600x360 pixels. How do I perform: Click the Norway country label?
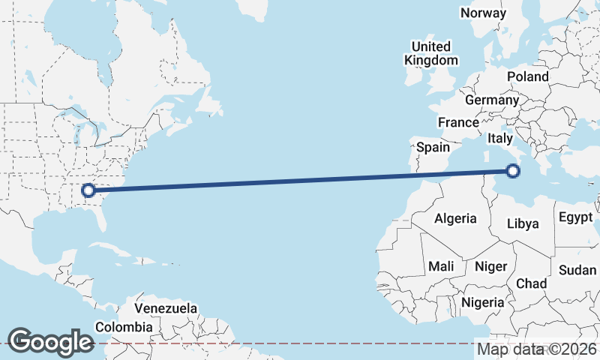point(484,13)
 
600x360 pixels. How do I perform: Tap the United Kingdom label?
point(430,53)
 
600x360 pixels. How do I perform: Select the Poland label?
point(528,76)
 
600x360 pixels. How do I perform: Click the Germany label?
point(492,100)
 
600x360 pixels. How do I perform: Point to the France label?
point(458,122)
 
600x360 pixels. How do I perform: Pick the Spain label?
point(433,147)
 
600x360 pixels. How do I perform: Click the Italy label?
point(500,139)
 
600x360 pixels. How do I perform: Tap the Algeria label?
point(455,218)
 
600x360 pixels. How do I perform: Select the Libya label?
point(523,223)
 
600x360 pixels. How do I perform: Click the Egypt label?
point(576,218)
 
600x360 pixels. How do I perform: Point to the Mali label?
point(441,266)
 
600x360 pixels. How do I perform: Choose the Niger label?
point(491,266)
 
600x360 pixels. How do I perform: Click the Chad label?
point(531,283)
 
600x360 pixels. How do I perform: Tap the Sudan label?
point(577,270)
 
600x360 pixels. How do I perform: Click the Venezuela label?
point(166,308)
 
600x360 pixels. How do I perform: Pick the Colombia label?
point(124,327)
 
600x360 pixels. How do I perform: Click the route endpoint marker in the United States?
point(88,190)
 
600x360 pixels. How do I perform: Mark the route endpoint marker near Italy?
point(513,171)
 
